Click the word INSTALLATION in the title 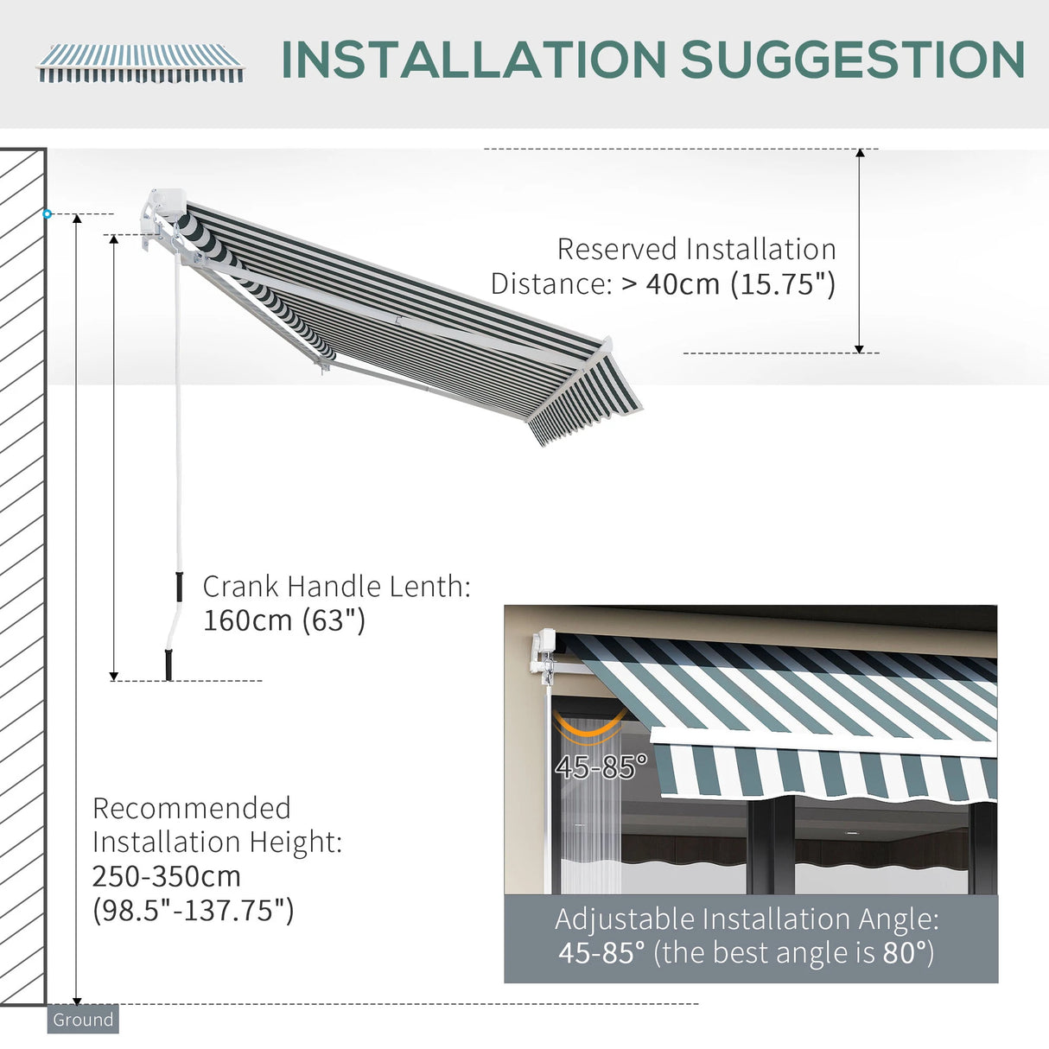click(474, 60)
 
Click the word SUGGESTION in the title click(853, 60)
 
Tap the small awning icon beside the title click(140, 64)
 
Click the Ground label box click(83, 1020)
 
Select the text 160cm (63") click(284, 620)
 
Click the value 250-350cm click(167, 876)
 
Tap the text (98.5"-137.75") click(194, 910)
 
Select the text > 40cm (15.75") click(728, 284)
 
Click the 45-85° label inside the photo click(601, 766)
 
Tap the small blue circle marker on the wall click(48, 213)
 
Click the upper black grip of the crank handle click(179, 586)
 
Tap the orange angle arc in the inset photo click(590, 731)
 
